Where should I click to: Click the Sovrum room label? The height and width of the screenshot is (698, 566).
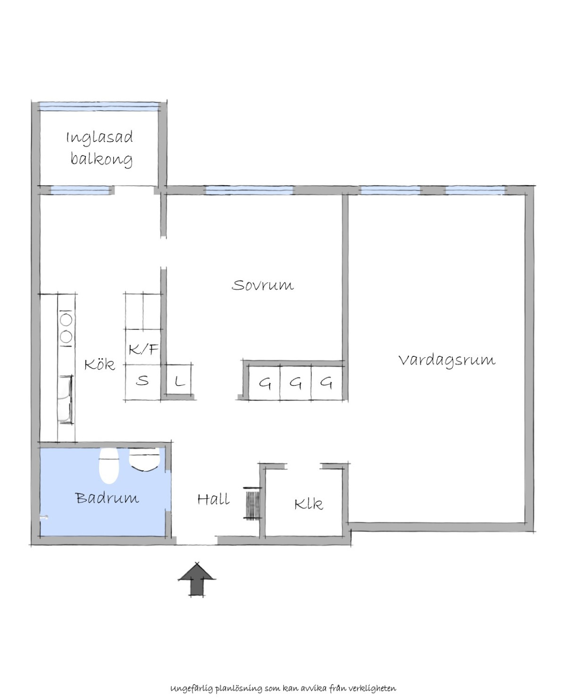click(262, 285)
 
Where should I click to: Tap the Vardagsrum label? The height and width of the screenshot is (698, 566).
click(447, 360)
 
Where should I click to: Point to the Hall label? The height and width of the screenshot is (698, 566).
click(214, 499)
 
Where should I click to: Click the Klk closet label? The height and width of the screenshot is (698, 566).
click(308, 504)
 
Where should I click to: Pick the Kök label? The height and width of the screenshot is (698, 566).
click(100, 364)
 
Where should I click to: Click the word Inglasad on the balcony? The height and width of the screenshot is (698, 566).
click(100, 137)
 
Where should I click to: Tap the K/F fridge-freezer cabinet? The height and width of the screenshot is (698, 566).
click(143, 347)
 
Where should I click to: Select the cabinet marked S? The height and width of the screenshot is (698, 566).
click(143, 382)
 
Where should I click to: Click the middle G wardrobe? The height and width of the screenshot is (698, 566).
click(295, 383)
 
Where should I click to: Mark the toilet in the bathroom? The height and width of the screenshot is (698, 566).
click(108, 465)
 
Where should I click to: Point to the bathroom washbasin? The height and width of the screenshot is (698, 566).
click(144, 459)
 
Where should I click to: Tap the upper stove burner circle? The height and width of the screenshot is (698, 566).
click(66, 320)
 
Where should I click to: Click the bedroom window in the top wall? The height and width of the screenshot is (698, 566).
click(249, 190)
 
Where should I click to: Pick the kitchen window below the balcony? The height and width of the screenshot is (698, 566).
click(80, 190)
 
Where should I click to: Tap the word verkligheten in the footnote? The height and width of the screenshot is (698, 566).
click(373, 679)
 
